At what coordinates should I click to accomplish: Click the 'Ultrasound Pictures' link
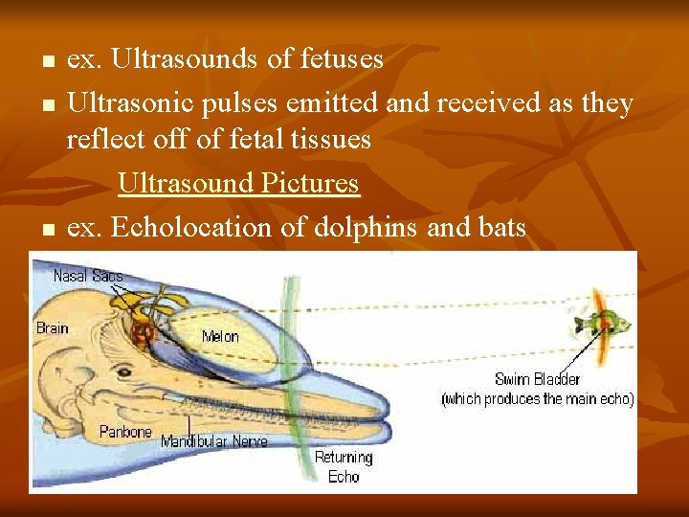tap(238, 183)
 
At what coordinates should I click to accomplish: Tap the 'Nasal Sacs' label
tap(88, 276)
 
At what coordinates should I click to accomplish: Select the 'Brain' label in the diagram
tap(53, 328)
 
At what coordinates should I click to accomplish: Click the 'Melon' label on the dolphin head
tap(220, 337)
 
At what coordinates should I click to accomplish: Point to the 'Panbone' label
tap(125, 432)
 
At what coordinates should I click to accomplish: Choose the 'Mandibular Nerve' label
tap(214, 441)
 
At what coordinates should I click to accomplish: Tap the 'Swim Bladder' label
tap(537, 379)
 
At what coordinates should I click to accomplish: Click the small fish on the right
tap(604, 324)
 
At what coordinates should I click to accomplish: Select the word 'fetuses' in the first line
tap(342, 59)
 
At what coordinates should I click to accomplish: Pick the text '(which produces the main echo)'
tap(537, 399)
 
